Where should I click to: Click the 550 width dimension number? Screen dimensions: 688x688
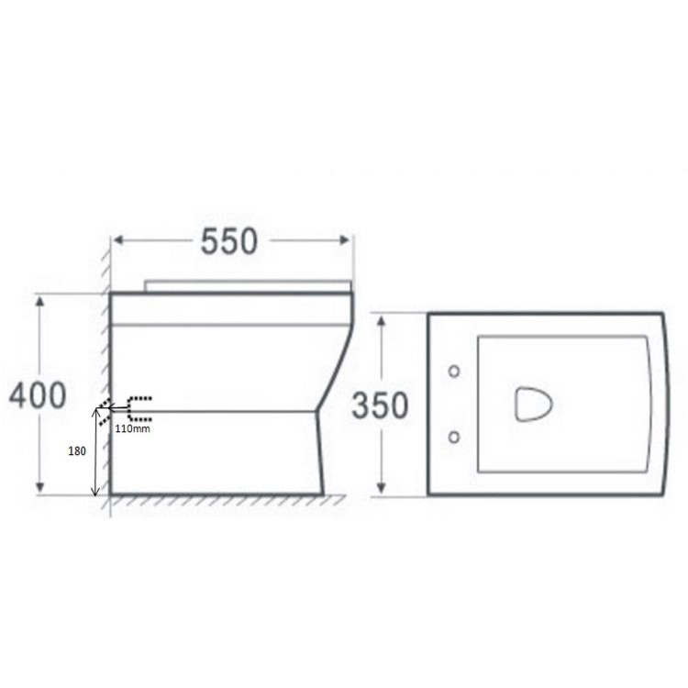229,241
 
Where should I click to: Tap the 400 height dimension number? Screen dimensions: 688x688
38,395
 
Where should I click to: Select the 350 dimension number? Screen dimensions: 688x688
380,405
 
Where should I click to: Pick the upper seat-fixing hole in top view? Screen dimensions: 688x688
453,372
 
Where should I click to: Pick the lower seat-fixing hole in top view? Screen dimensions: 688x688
453,438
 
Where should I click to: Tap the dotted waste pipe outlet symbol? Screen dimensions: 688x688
136,408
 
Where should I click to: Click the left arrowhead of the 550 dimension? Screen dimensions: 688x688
117,241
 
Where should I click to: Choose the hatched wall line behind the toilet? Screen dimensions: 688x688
105,367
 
